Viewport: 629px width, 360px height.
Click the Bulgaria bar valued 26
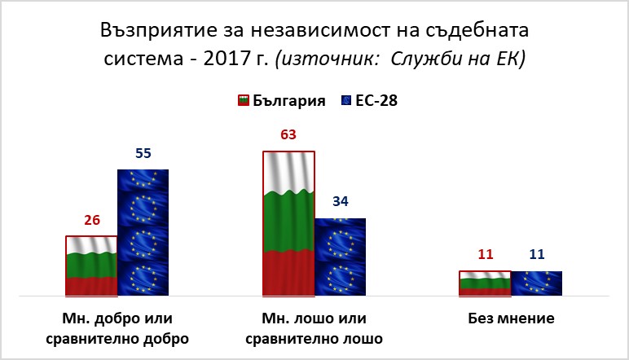click(91, 266)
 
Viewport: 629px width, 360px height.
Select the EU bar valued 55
click(143, 232)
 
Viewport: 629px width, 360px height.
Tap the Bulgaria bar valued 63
click(288, 224)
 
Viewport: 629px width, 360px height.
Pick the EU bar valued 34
click(341, 257)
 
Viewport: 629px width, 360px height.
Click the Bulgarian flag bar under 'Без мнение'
click(485, 283)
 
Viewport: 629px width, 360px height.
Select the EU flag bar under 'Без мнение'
click(537, 283)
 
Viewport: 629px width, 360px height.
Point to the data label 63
click(288, 134)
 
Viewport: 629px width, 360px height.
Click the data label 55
click(143, 153)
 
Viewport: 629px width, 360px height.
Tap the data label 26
click(92, 220)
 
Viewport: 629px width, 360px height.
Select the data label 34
click(341, 201)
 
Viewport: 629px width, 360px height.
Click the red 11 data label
click(486, 254)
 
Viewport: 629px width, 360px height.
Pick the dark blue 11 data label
click(537, 254)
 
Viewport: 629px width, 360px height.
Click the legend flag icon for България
click(244, 100)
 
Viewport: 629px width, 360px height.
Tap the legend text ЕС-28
click(376, 101)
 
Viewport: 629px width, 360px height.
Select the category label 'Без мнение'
click(511, 318)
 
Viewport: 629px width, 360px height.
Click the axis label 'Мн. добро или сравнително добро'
click(117, 329)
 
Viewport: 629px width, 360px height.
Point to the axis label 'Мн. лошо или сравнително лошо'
click(314, 329)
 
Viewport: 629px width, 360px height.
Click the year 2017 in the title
click(227, 59)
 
